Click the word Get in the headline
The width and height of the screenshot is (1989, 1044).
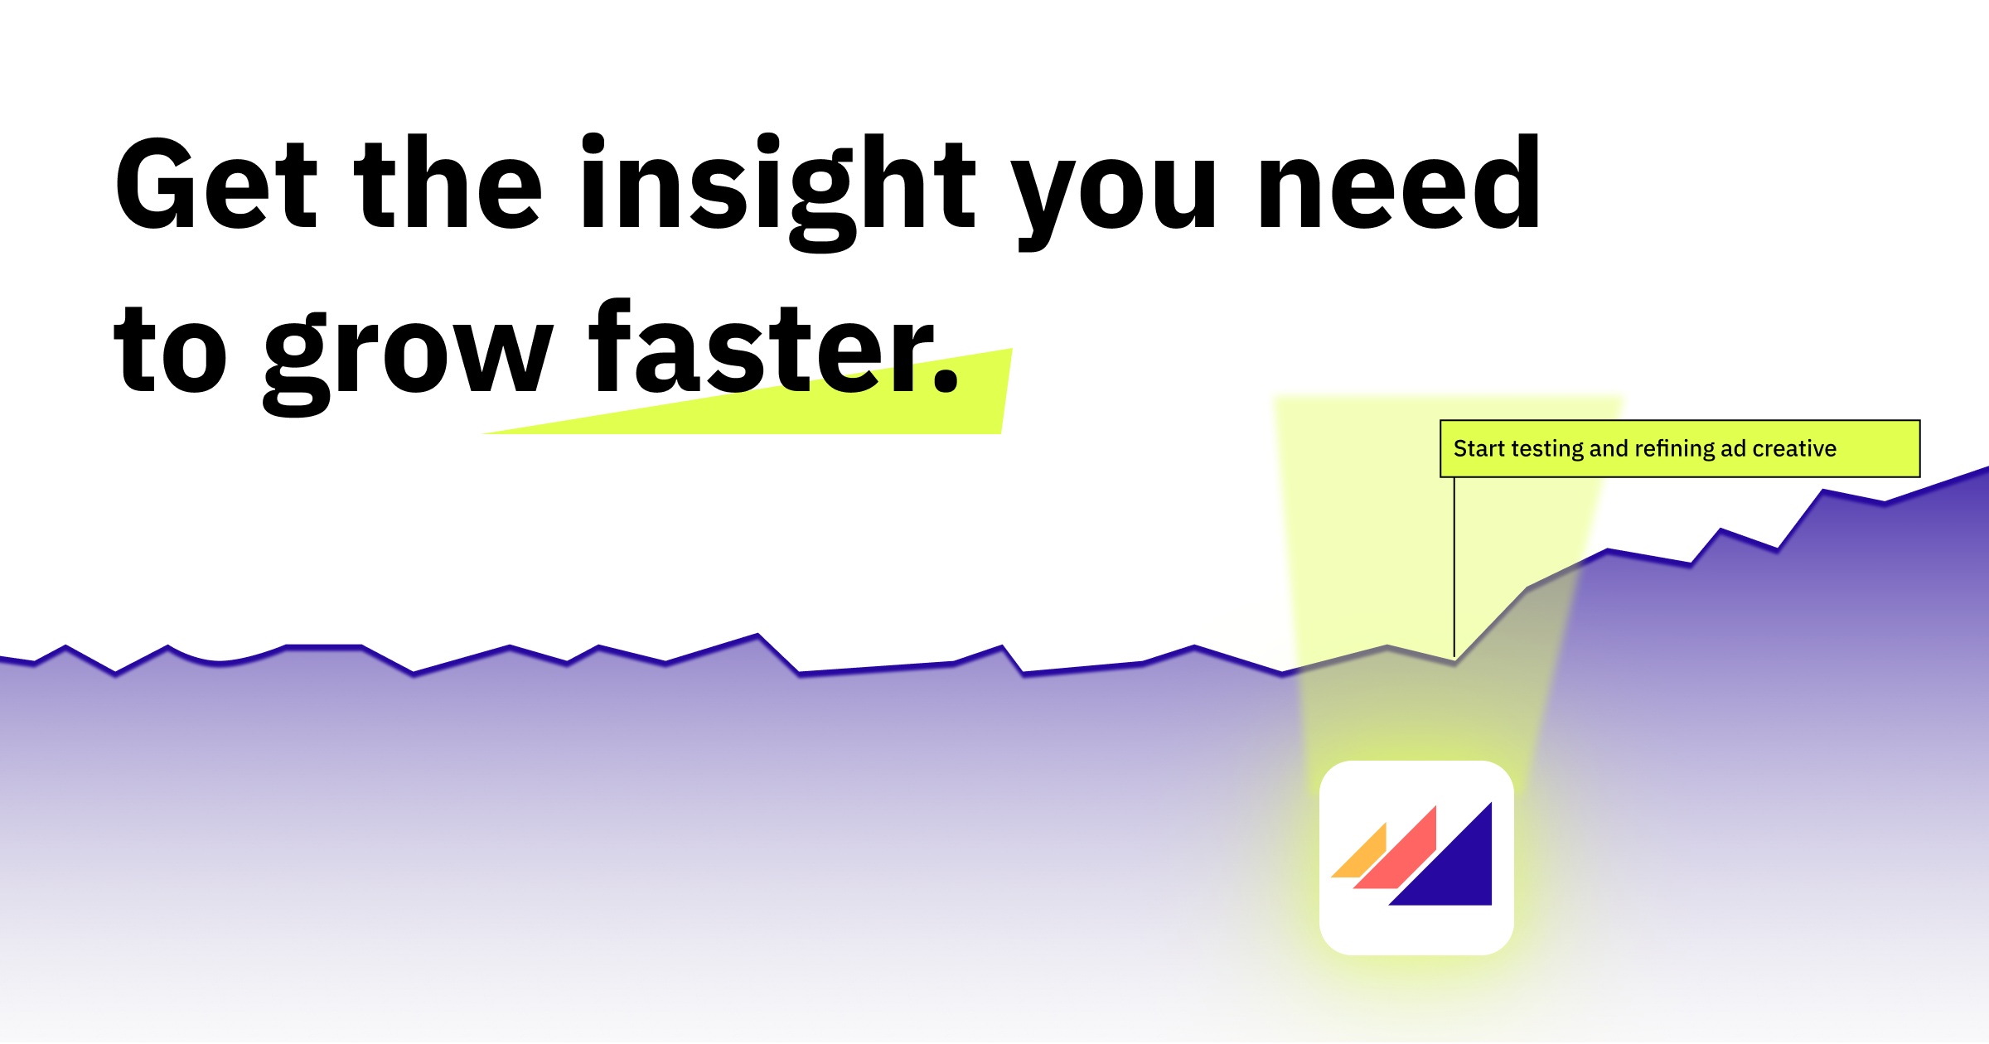215,184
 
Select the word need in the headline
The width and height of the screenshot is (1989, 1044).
1399,184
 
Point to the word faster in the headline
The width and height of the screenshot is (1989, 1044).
762,348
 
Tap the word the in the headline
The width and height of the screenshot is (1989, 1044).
448,184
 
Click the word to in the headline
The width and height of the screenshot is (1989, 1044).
170,352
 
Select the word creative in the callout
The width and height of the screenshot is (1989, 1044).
1794,449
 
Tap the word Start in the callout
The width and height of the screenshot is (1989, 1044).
1478,449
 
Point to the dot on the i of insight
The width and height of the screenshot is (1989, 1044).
593,143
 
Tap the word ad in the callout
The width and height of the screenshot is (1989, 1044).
1733,449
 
